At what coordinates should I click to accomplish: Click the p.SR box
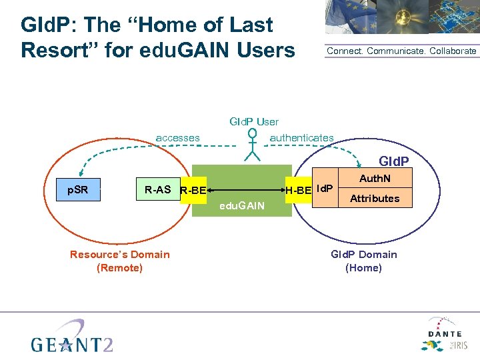78,190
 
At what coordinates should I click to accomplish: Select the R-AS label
157,190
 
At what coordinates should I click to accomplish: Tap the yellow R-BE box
193,191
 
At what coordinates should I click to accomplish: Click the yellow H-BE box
298,191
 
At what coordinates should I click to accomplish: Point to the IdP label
324,189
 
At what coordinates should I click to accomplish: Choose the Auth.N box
375,179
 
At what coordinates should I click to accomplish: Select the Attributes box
375,198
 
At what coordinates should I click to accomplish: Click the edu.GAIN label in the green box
242,207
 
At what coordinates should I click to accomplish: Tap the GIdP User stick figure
252,145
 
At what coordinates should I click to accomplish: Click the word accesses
177,138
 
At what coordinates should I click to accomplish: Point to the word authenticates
301,138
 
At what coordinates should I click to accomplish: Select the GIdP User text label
254,121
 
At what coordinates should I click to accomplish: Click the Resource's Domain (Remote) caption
119,261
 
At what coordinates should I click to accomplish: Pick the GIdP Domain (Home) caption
363,261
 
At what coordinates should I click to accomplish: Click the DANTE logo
443,333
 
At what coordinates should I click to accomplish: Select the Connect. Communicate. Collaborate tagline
401,51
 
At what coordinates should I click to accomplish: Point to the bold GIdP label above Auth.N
393,161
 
